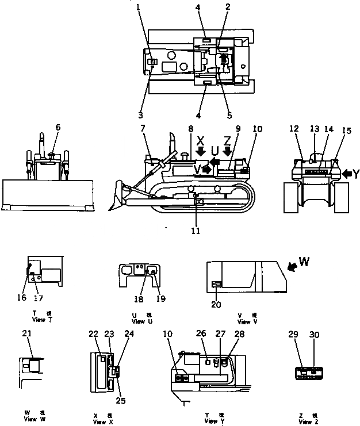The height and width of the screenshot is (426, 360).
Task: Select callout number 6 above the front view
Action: [58, 127]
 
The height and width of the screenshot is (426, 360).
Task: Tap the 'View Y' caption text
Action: [213, 421]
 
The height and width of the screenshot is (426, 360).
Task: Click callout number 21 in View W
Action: [26, 333]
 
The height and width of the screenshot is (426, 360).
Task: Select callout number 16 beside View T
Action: [22, 298]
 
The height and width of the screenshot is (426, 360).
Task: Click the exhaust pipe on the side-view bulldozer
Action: [172, 143]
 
